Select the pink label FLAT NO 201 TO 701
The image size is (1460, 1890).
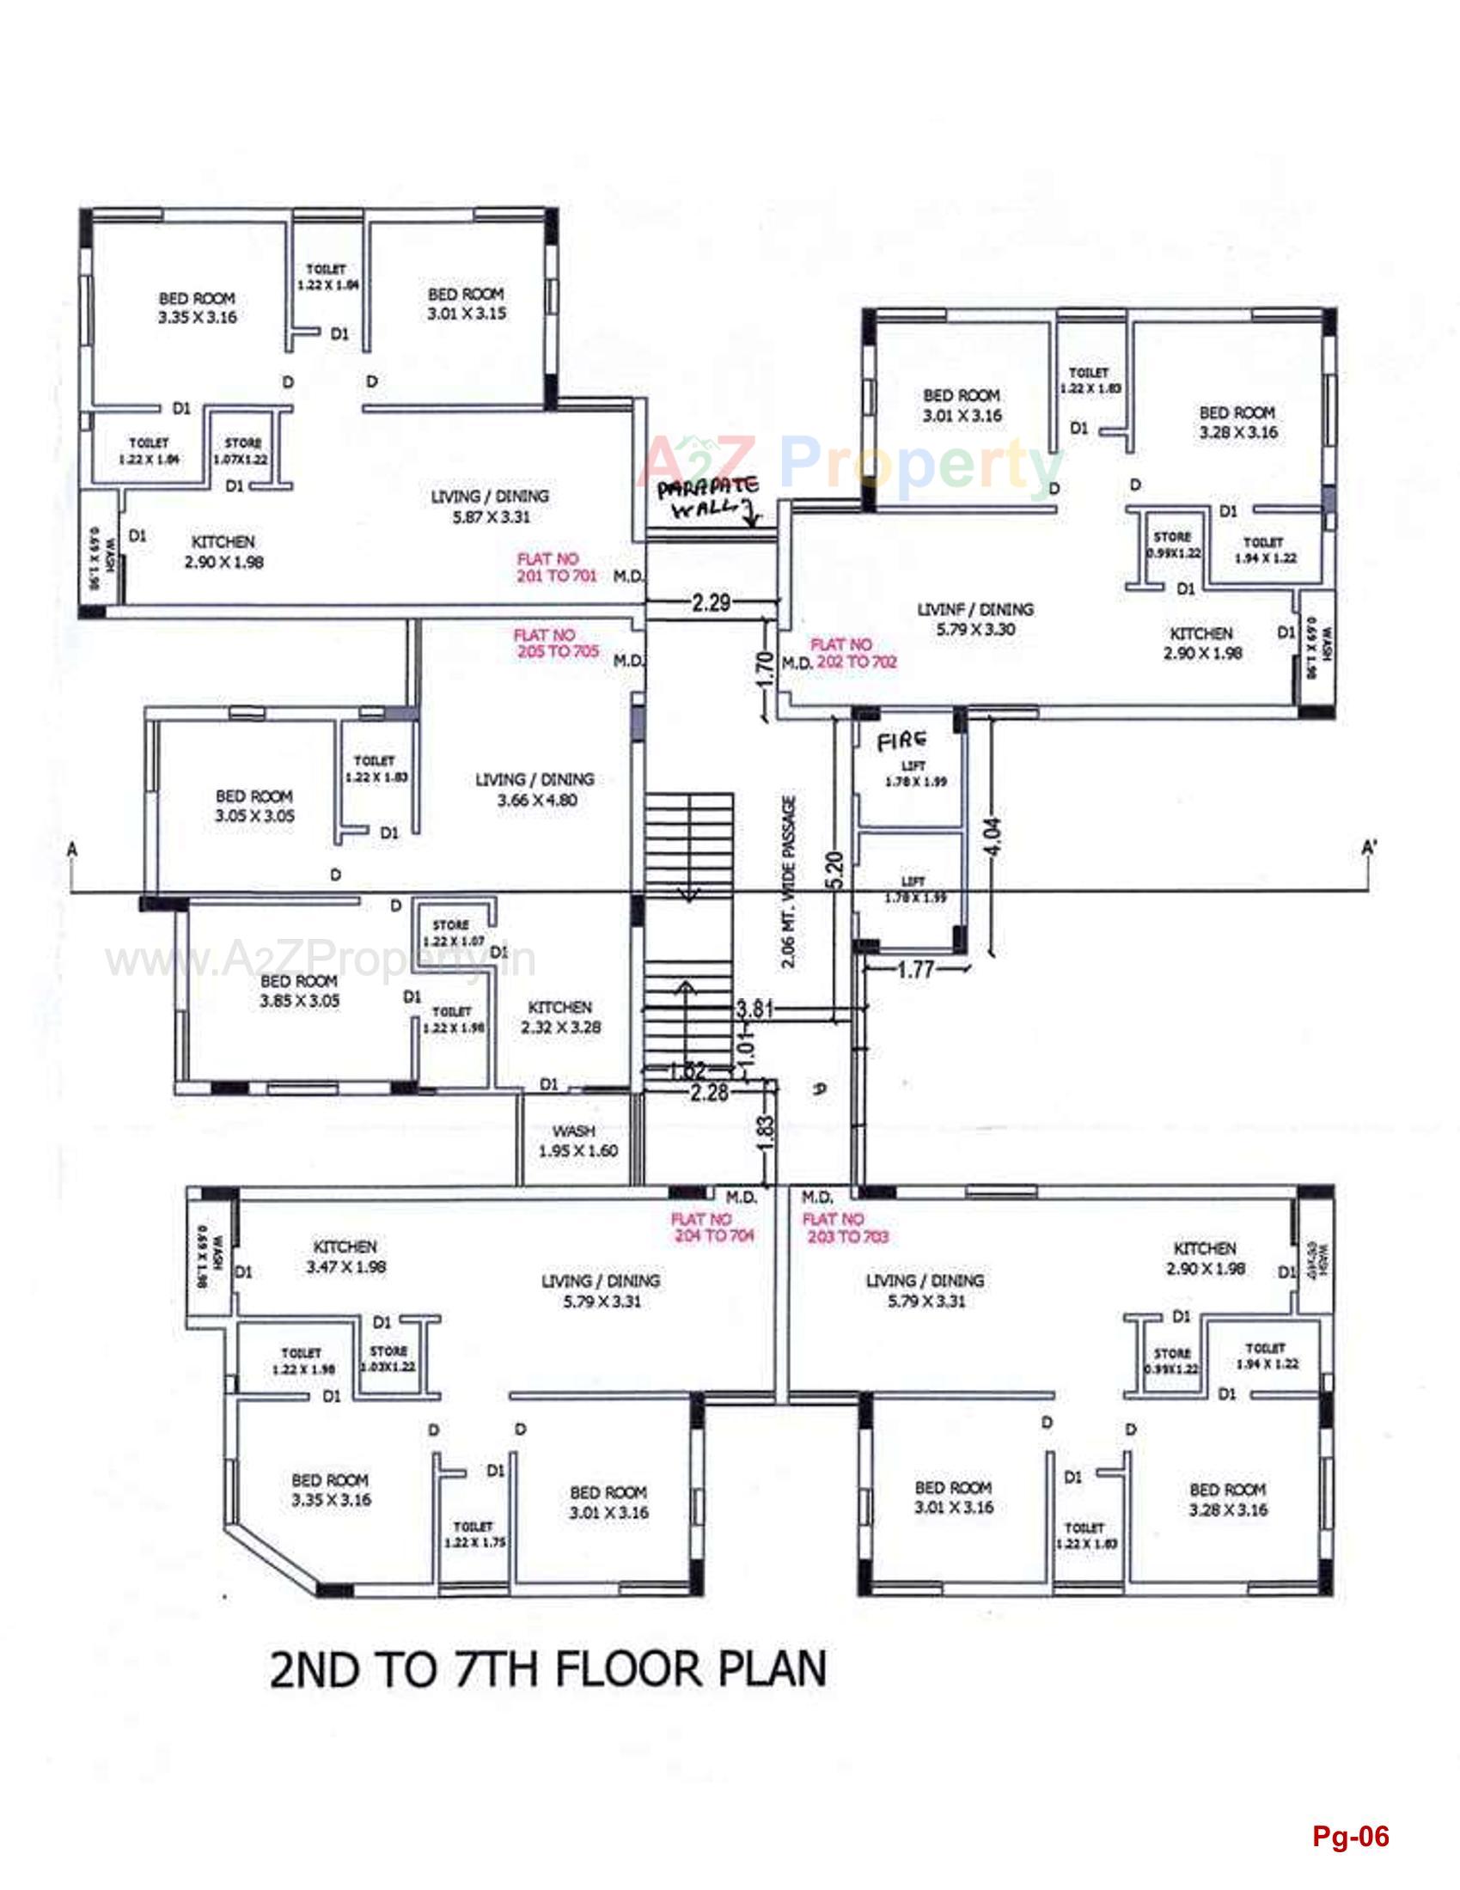point(557,567)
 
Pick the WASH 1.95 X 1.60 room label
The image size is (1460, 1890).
point(577,1141)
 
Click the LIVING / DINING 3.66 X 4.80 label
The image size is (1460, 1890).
point(535,790)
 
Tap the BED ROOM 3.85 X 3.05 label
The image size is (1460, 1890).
point(298,991)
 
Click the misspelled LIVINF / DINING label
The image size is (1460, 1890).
point(975,619)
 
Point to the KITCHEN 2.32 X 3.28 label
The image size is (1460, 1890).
point(560,1017)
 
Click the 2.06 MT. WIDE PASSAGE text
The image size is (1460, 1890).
point(788,882)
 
